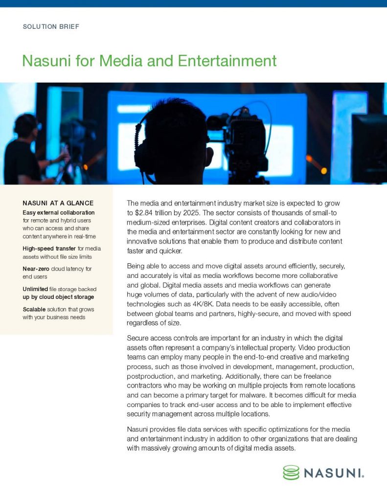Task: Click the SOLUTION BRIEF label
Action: pos(51,26)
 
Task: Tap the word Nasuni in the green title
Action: pos(46,61)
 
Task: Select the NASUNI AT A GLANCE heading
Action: pos(58,203)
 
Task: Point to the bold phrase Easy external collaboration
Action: pos(59,212)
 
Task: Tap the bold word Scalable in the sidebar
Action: pos(36,309)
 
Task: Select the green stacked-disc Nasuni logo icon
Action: pos(291,472)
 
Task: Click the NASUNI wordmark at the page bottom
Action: pos(333,473)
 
